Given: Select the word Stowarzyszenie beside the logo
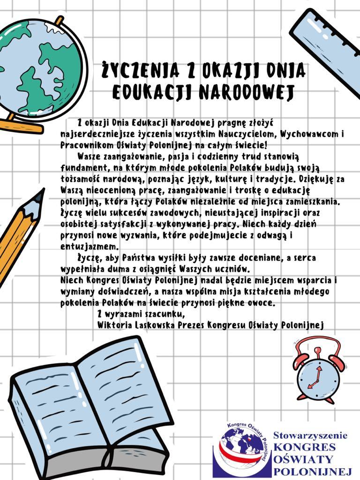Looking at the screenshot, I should [310, 435].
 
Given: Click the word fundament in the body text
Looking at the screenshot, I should [84, 167].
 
